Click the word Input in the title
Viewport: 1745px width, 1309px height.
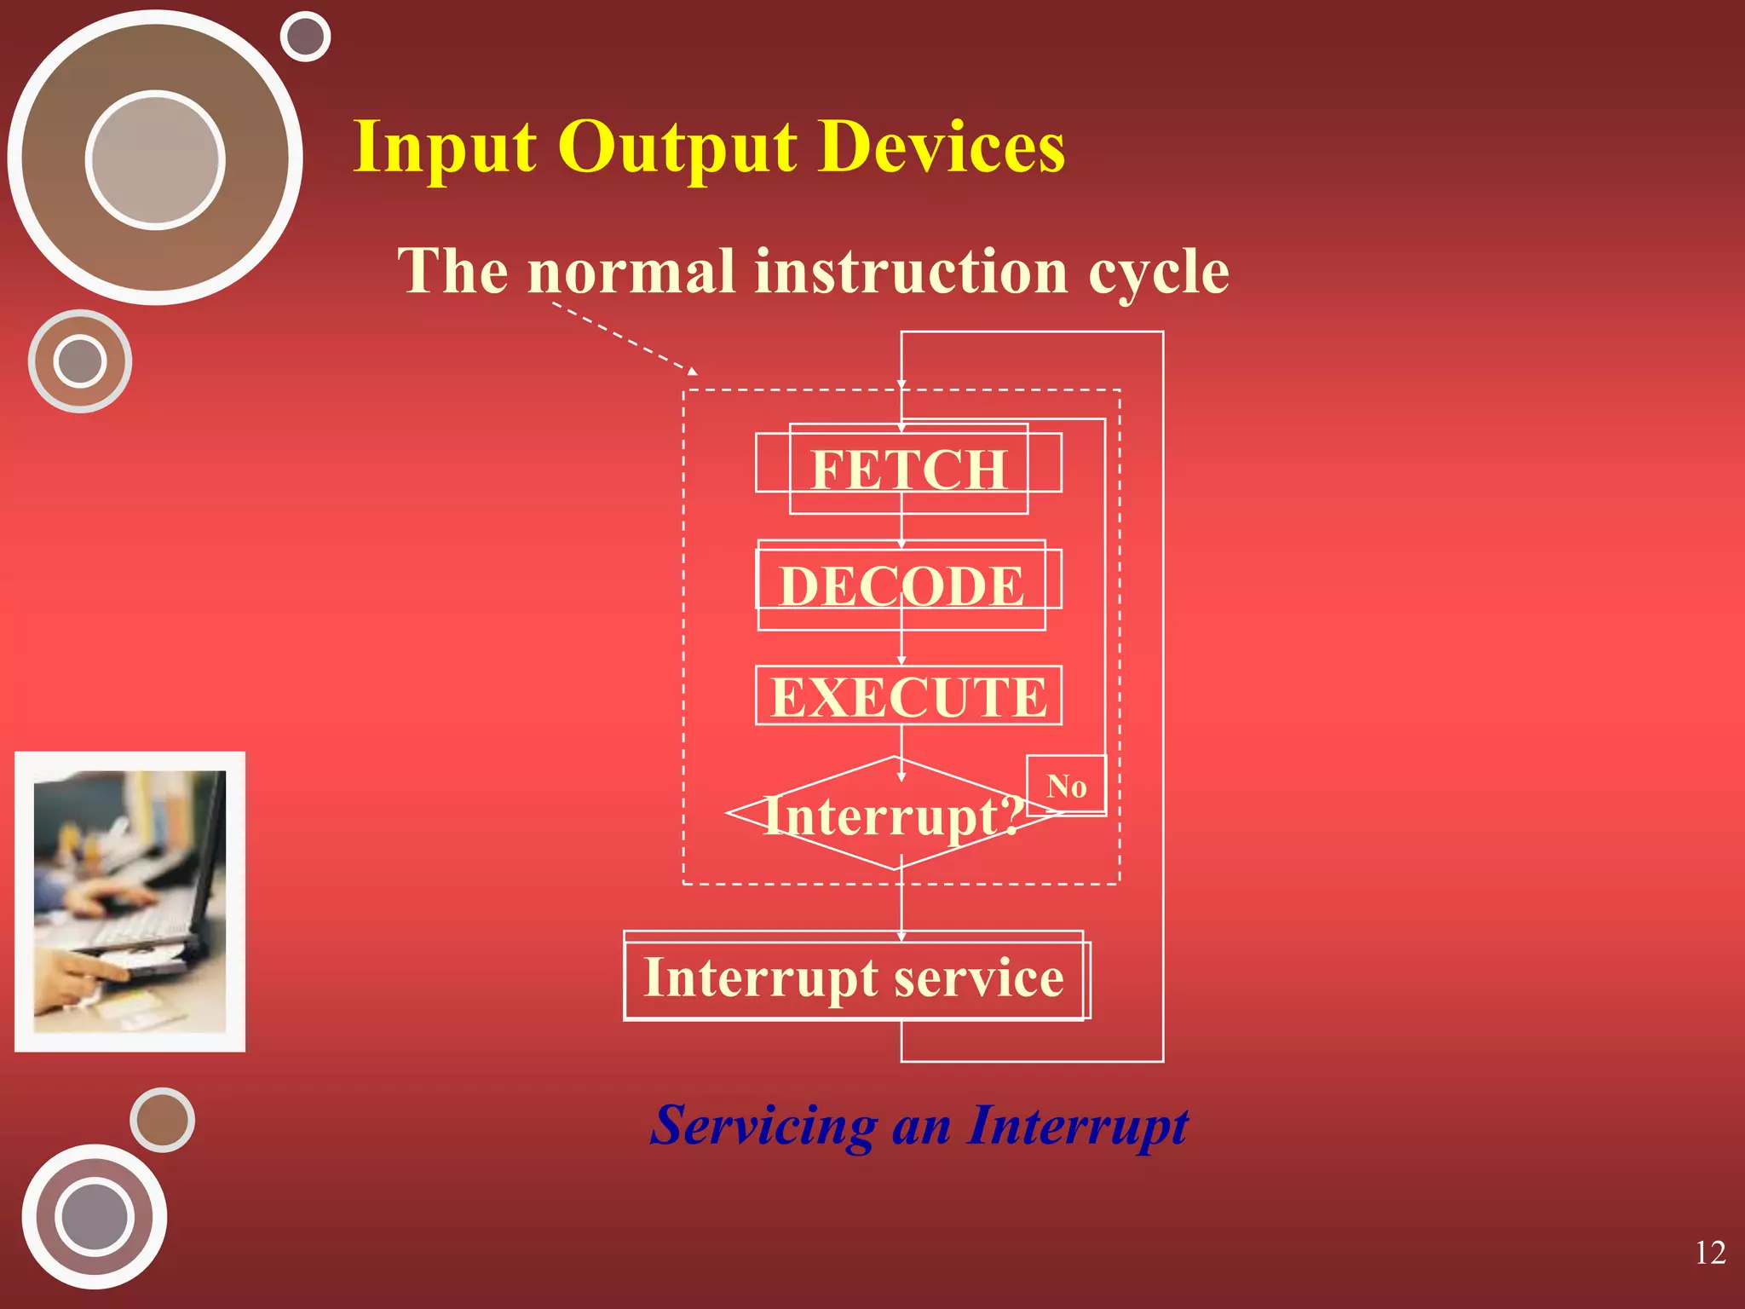click(444, 148)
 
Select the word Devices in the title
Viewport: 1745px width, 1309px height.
click(941, 147)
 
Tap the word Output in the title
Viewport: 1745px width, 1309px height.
click(677, 148)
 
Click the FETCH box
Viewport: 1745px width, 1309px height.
click(908, 469)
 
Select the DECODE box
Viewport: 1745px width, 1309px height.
click(901, 585)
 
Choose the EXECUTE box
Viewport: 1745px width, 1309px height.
click(908, 696)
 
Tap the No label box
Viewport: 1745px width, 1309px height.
click(1066, 786)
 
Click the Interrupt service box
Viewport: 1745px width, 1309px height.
click(854, 977)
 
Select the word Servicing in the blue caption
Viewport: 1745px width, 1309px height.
click(763, 1126)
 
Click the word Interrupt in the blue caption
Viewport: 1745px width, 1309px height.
click(1077, 1126)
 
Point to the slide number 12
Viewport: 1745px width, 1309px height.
click(1710, 1253)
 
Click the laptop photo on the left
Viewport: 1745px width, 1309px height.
click(130, 902)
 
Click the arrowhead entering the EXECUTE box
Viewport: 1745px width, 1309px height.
click(901, 661)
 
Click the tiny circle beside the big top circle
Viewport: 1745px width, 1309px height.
click(305, 37)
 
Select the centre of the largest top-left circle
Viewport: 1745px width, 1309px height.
click(155, 159)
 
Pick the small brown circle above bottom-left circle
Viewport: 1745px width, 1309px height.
click(162, 1120)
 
